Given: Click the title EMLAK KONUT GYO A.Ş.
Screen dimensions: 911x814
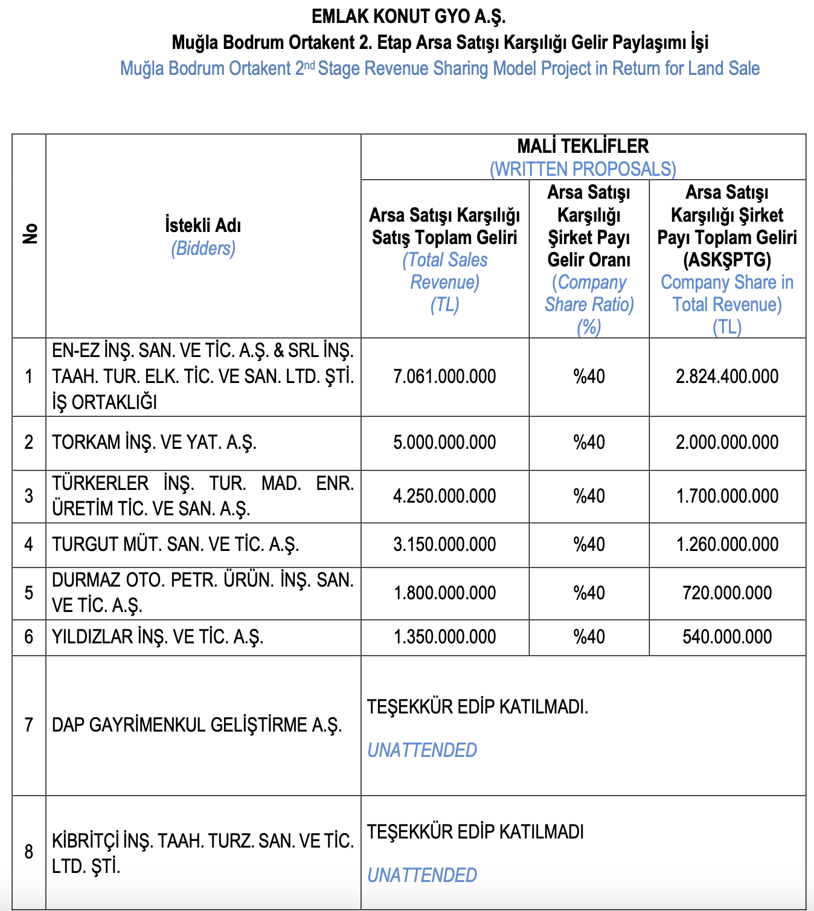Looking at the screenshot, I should [x=409, y=16].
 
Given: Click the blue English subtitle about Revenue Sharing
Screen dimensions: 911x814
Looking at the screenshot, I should [x=440, y=68].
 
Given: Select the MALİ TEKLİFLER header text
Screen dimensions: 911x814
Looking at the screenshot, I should [x=583, y=146].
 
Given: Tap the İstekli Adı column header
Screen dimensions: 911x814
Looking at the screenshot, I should [x=203, y=225].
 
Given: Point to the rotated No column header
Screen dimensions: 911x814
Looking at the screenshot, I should [x=30, y=234].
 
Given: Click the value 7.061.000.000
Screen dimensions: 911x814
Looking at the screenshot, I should [x=444, y=376].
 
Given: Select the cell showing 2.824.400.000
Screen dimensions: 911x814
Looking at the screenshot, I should [x=727, y=376].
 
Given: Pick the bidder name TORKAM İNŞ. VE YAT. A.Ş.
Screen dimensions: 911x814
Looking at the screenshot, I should [x=155, y=442].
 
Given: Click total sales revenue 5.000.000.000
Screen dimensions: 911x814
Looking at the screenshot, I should [x=444, y=442].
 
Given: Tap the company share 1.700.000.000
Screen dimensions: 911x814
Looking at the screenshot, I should [x=727, y=496].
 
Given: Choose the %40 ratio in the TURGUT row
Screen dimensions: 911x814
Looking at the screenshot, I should [x=589, y=544].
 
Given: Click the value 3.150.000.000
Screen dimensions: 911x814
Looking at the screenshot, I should [x=444, y=544].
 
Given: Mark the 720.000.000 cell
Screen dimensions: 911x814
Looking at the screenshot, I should [x=727, y=593].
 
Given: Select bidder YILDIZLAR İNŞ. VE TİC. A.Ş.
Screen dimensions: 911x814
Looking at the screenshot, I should [x=158, y=637].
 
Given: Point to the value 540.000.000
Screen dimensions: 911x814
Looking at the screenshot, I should [x=727, y=637].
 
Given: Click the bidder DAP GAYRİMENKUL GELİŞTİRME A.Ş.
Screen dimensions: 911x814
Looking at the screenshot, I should [x=197, y=724].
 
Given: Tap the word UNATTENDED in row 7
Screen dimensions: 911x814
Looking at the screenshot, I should [x=422, y=750].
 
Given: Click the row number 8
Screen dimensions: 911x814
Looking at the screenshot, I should [x=29, y=852].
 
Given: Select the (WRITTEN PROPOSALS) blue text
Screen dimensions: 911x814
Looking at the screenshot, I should [x=583, y=169].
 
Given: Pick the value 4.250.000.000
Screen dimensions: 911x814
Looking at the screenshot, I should [x=444, y=496].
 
